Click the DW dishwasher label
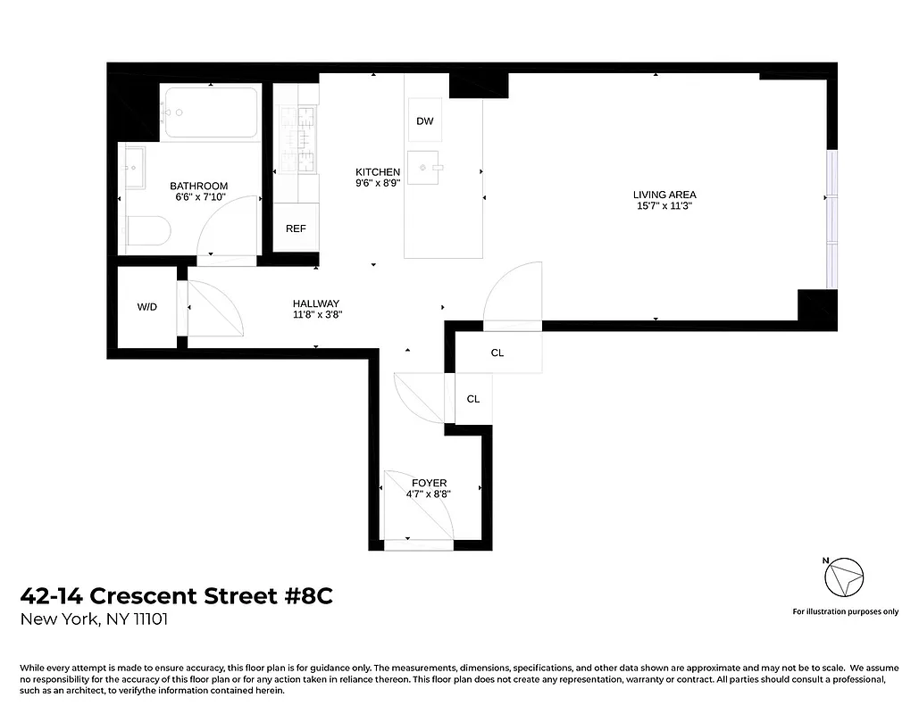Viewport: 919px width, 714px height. pyautogui.click(x=425, y=121)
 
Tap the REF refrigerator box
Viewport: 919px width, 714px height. pyautogui.click(x=296, y=229)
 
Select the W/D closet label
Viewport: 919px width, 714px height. pyautogui.click(x=147, y=307)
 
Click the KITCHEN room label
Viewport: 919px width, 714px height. pyautogui.click(x=378, y=172)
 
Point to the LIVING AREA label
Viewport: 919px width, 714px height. pyautogui.click(x=664, y=195)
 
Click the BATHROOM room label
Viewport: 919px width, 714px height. pyautogui.click(x=198, y=186)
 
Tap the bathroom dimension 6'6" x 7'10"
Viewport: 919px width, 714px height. pyautogui.click(x=198, y=197)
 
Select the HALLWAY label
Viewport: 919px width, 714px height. pyautogui.click(x=316, y=303)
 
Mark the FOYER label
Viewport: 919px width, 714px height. pyautogui.click(x=429, y=483)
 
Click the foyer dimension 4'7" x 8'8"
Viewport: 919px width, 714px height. pyautogui.click(x=429, y=494)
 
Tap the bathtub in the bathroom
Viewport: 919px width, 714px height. pyautogui.click(x=211, y=112)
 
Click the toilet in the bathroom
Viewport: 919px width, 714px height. pyautogui.click(x=147, y=234)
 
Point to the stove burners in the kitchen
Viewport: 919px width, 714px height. pyautogui.click(x=296, y=139)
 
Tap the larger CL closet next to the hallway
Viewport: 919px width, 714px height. pyautogui.click(x=497, y=353)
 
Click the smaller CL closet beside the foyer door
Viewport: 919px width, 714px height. pyautogui.click(x=473, y=399)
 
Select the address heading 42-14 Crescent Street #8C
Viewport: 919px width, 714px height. pyautogui.click(x=176, y=596)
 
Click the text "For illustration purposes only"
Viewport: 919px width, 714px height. pyautogui.click(x=845, y=611)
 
